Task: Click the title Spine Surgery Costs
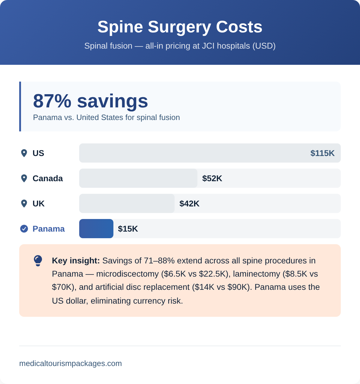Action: [180, 27]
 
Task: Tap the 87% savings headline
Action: [90, 101]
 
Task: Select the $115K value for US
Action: [322, 153]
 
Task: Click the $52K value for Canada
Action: [212, 178]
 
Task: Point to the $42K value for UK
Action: [189, 204]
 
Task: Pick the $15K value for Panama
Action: [128, 229]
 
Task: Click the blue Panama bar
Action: [96, 229]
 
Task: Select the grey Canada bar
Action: [138, 178]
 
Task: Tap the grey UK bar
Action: [127, 203]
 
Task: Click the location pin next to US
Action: [24, 153]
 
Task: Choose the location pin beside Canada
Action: [24, 178]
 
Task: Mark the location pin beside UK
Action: [24, 204]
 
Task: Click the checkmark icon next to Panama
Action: [24, 229]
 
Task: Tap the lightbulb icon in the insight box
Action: [38, 261]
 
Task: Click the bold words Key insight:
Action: [76, 261]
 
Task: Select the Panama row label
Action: [49, 229]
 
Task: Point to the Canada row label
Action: [48, 178]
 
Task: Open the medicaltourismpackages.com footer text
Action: [70, 364]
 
